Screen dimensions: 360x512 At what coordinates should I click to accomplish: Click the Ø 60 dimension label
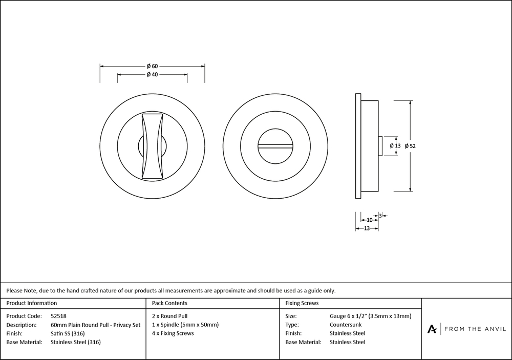click(152, 66)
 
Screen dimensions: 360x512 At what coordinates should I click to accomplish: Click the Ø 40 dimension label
click(152, 75)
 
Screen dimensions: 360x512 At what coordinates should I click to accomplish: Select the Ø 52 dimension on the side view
click(410, 146)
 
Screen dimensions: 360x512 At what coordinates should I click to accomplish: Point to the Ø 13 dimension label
click(395, 146)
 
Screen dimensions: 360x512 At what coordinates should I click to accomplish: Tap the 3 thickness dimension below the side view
click(380, 215)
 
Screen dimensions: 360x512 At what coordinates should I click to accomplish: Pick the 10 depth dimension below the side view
click(369, 220)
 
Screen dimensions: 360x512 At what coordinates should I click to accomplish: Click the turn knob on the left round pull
click(153, 146)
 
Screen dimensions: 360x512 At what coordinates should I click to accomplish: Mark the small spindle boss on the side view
click(380, 146)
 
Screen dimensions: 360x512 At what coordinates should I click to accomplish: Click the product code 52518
click(59, 316)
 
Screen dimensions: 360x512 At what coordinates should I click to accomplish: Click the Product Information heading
click(32, 304)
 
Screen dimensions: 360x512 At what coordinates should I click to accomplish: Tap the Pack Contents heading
click(169, 304)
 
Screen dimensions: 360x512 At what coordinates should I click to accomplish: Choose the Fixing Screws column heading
click(302, 304)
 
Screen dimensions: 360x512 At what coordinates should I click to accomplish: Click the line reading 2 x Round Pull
click(170, 316)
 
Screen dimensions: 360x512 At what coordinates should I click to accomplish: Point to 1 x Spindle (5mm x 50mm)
click(185, 325)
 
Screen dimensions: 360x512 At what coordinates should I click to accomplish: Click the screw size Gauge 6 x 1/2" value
click(370, 316)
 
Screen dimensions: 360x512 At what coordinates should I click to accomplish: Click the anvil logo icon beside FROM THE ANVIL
click(432, 329)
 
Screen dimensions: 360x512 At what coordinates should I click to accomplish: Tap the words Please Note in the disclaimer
click(20, 290)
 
